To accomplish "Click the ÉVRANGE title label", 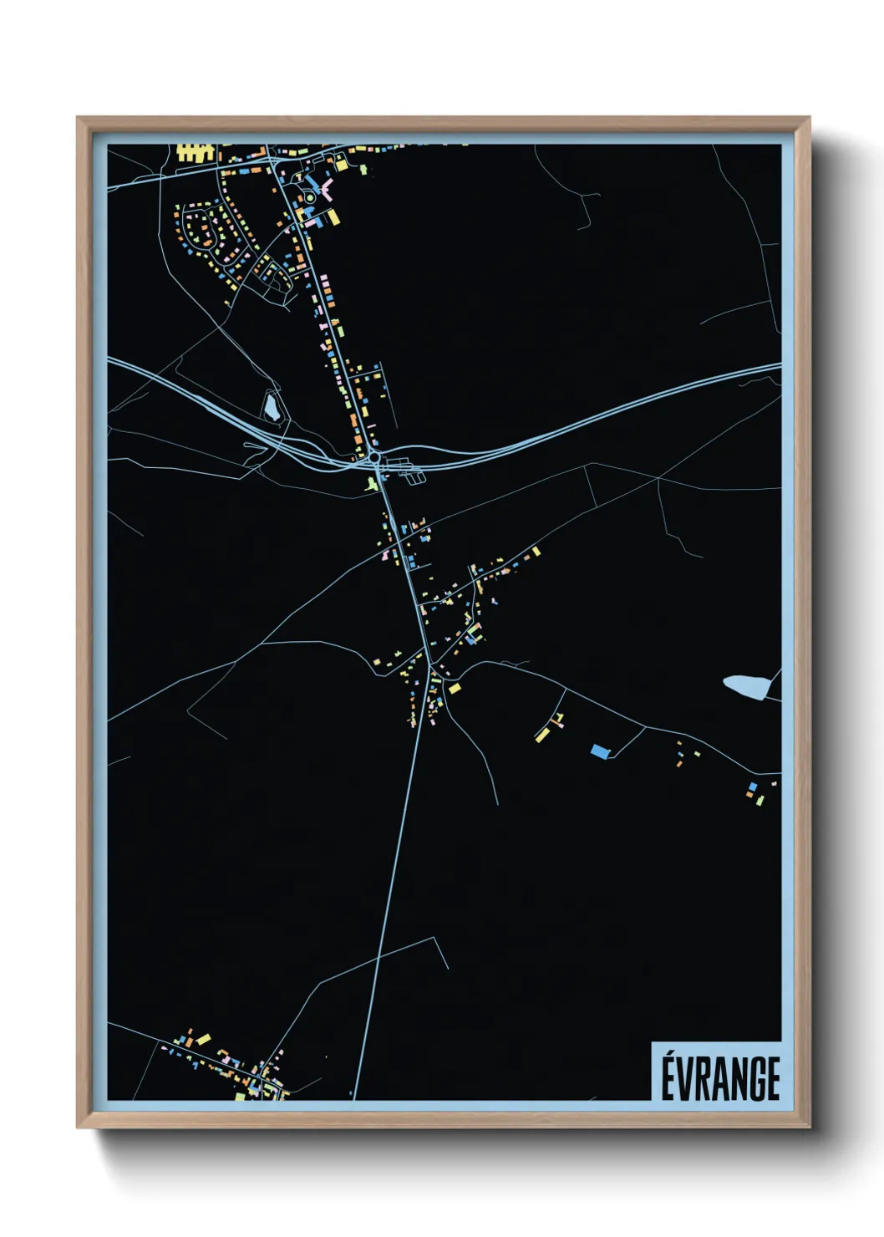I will point(720,1078).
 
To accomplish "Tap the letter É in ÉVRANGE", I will point(668,1078).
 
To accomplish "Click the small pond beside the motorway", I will point(271,407).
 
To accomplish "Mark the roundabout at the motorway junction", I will point(373,458).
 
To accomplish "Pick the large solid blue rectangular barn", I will point(599,751).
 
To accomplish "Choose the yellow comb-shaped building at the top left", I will point(194,153).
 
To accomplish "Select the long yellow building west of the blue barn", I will point(543,734).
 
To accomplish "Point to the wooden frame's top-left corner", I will point(79,119).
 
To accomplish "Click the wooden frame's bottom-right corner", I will point(808,1126).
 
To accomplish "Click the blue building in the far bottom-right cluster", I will point(753,786).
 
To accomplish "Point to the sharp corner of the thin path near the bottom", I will point(434,938).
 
